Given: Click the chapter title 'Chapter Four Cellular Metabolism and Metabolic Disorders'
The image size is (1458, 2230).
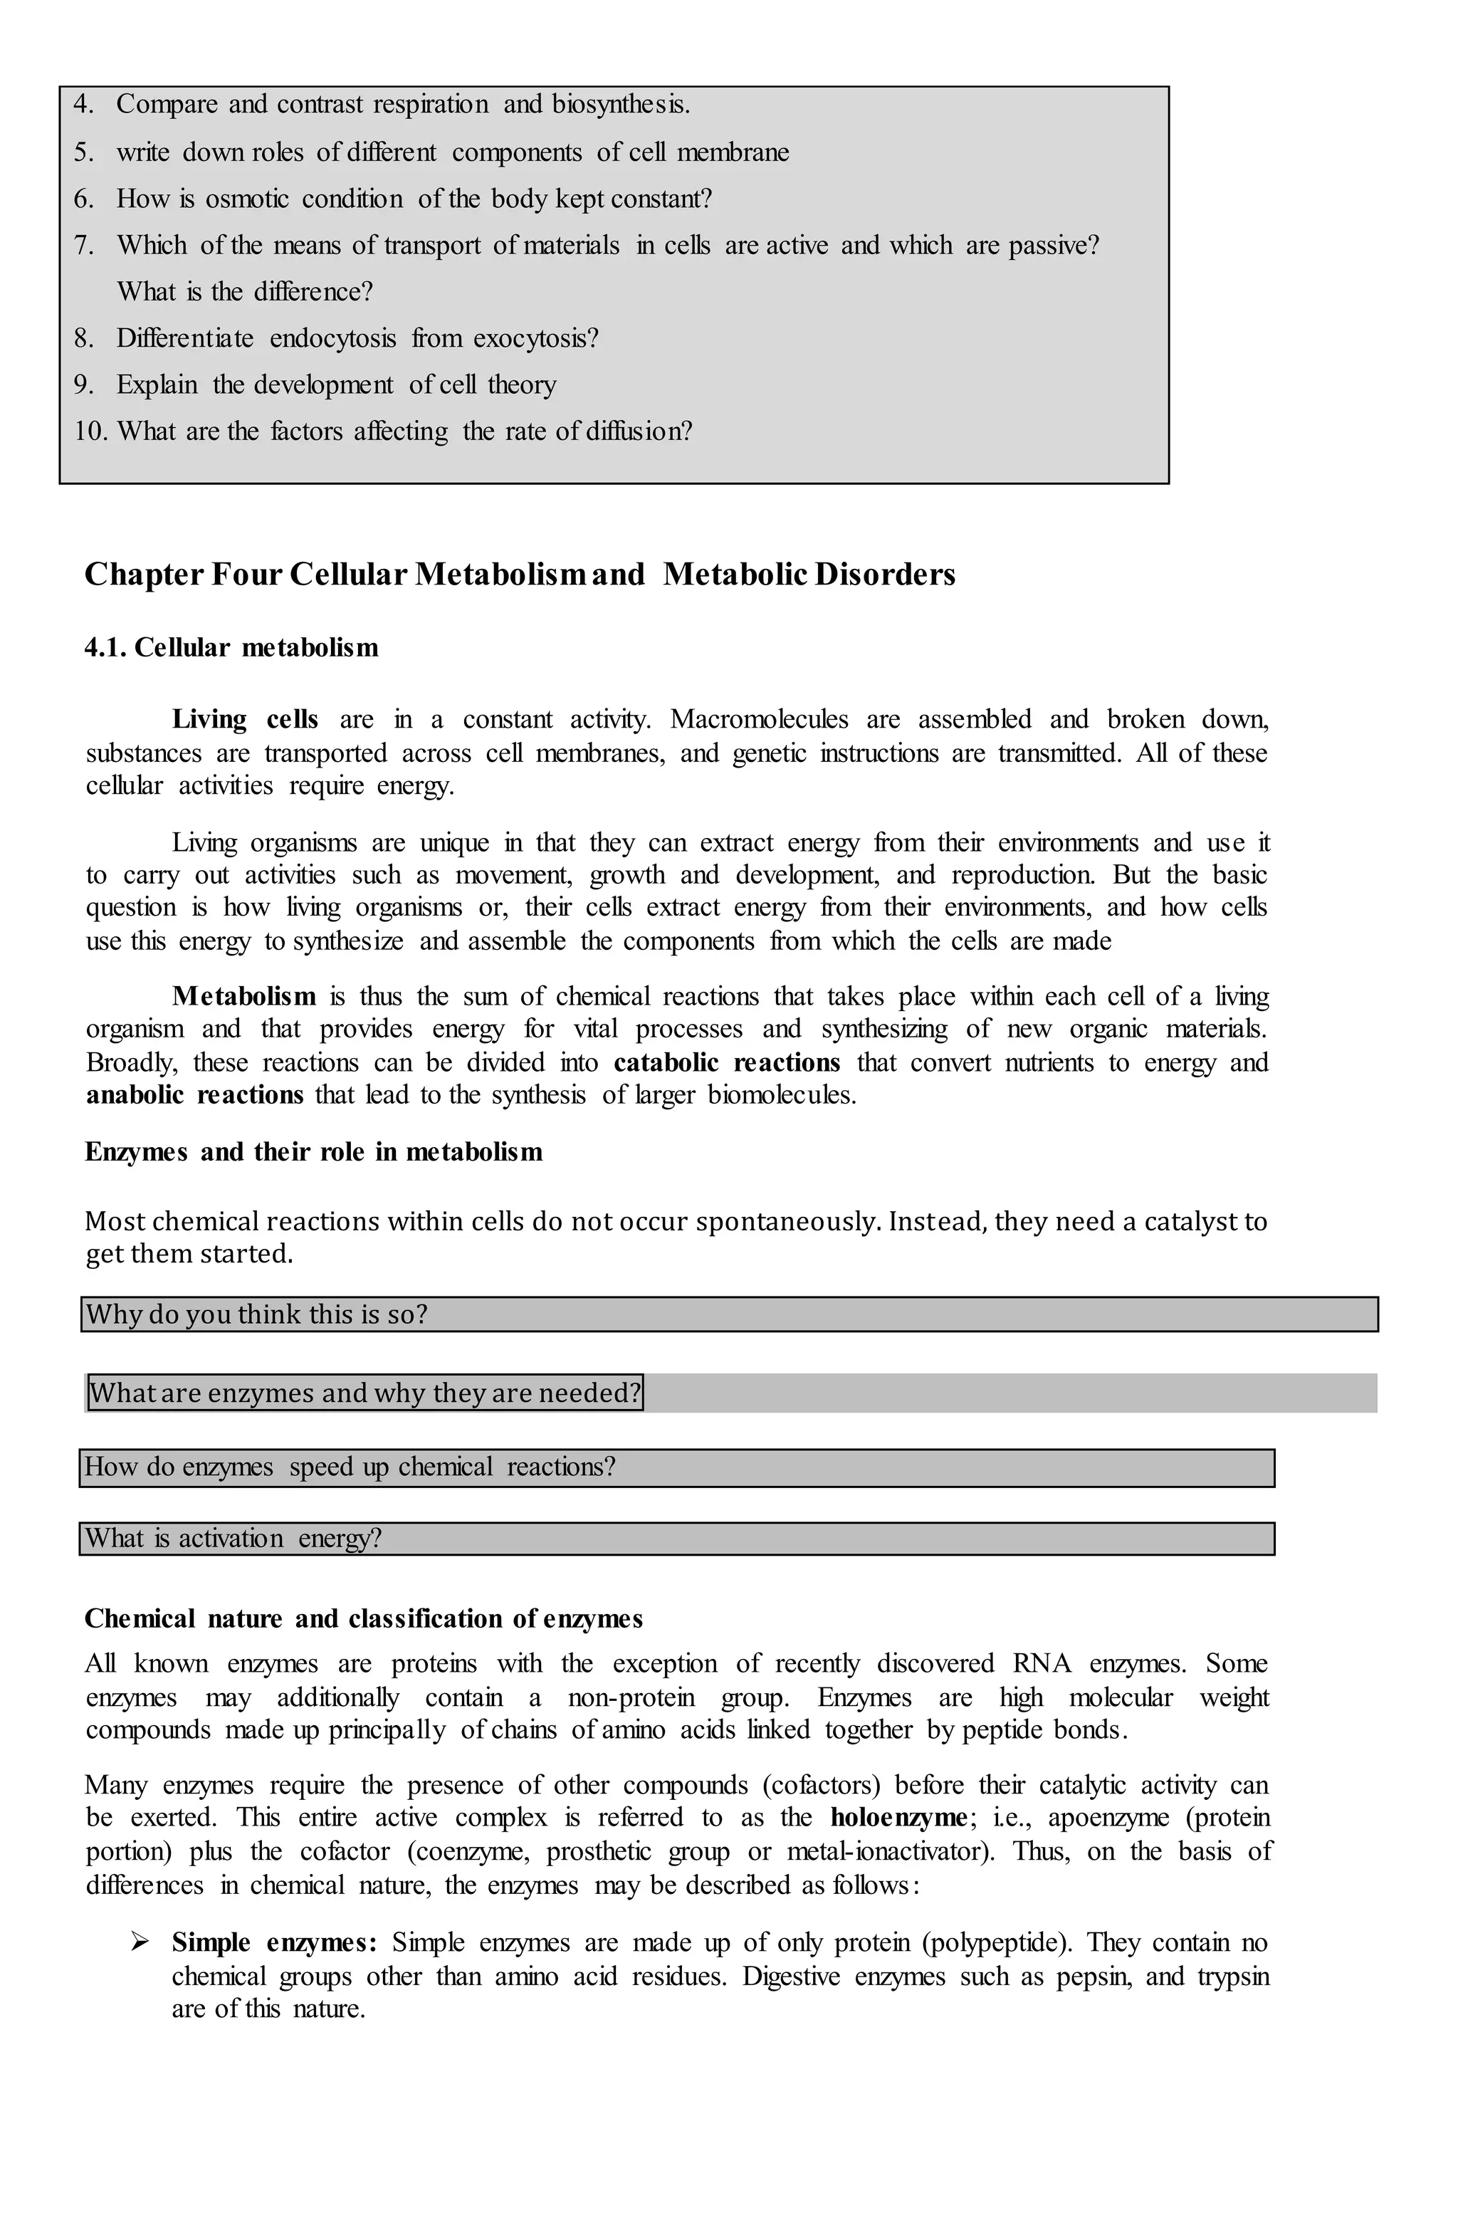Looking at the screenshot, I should tap(519, 575).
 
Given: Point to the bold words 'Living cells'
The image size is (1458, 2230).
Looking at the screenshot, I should tap(245, 720).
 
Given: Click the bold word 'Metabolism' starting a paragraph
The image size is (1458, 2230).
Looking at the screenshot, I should tap(243, 996).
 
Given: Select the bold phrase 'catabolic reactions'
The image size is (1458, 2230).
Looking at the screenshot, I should tap(727, 1062).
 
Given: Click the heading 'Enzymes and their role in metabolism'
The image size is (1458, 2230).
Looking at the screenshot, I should tap(313, 1151).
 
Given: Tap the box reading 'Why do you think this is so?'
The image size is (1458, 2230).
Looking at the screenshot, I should tap(728, 1314).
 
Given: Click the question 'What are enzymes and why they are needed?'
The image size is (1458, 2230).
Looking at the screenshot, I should tap(365, 1393).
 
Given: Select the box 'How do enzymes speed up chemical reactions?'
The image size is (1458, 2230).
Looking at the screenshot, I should tap(676, 1467).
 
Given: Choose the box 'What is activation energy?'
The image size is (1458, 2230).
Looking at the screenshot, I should tap(676, 1539).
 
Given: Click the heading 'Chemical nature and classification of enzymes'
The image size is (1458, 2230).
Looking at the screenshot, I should tap(364, 1619).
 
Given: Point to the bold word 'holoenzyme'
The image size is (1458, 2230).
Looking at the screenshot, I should tap(898, 1818).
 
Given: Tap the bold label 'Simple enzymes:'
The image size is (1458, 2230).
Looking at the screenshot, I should tap(273, 1943).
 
